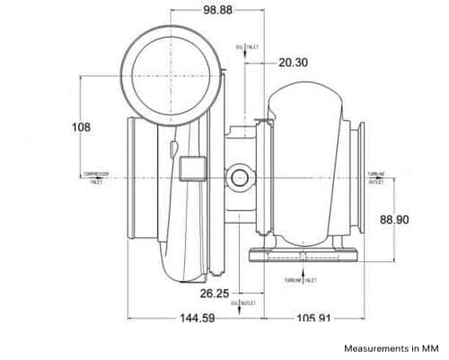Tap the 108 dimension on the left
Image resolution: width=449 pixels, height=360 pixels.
(x=81, y=127)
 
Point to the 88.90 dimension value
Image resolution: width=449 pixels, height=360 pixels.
(x=395, y=219)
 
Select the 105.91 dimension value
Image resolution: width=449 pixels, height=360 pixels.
(x=315, y=318)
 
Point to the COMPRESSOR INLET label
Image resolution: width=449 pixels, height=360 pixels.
(x=96, y=177)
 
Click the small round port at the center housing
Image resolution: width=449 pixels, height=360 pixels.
(x=239, y=178)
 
